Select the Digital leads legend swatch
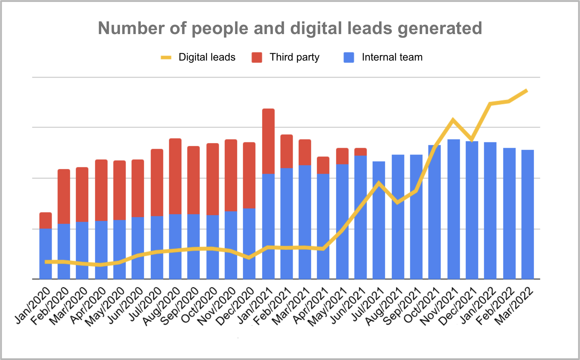coord(166,57)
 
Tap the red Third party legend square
coord(257,57)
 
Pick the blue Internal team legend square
coord(349,57)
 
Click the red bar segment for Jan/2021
coord(268,141)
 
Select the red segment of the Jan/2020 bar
coord(45,220)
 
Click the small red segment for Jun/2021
coord(360,152)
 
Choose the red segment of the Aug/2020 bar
coord(175,176)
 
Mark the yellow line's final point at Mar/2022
coord(526,91)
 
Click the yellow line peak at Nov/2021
coord(453,119)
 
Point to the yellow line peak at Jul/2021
coord(379,183)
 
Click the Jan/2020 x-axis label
coord(33,306)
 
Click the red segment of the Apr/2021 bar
coord(323,165)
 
